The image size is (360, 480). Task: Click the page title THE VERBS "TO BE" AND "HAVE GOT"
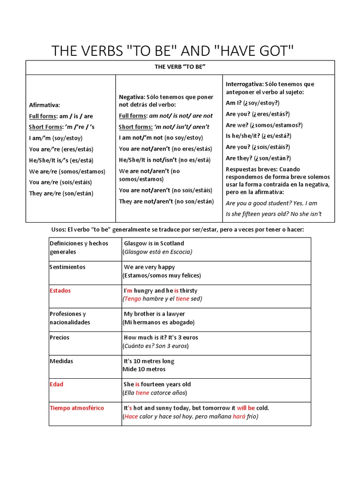[x=173, y=51]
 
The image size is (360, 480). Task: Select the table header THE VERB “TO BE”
[x=180, y=67]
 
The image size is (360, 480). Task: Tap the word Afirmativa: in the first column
[x=45, y=105]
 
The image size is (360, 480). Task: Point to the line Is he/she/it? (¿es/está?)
[x=258, y=136]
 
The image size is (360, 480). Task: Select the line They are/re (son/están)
[x=61, y=193]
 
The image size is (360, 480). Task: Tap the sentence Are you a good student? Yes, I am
[x=271, y=203]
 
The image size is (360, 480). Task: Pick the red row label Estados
[x=60, y=291]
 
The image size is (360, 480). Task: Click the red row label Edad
[x=56, y=384]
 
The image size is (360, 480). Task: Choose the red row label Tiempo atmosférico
[x=77, y=408]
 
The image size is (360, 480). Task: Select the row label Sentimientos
[x=67, y=267]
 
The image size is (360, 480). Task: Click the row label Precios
[x=59, y=337]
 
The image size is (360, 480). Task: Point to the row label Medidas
[x=61, y=361]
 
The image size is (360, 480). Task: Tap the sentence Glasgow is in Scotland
[x=154, y=243]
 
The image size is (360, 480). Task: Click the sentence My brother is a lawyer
[x=154, y=314]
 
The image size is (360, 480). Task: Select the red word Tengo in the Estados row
[x=133, y=299]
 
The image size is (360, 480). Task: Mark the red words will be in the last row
[x=246, y=408]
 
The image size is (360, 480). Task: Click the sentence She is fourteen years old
[x=157, y=384]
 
